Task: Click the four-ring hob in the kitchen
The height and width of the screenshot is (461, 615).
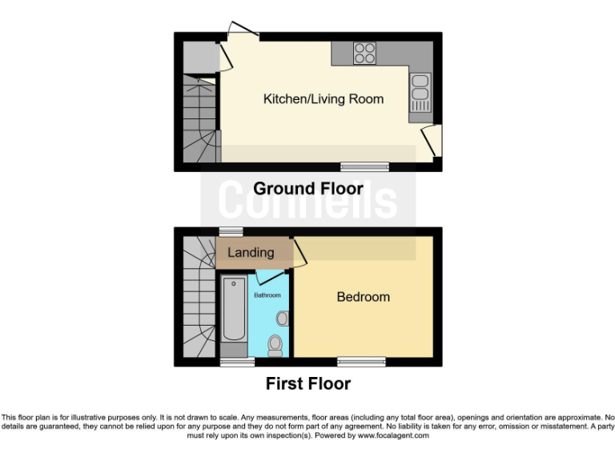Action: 364,53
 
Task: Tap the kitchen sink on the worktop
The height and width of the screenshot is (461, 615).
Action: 420,91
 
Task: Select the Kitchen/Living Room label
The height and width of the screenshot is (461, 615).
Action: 324,99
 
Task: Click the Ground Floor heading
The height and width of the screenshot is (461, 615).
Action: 307,189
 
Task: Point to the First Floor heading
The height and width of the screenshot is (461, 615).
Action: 307,384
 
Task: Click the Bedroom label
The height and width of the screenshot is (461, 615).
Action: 363,297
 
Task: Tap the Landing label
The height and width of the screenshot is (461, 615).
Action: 251,252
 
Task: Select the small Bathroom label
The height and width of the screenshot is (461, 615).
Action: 267,295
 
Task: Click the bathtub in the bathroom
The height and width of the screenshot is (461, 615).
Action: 234,309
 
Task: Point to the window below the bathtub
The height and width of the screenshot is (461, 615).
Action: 232,363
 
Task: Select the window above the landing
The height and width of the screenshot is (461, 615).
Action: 231,232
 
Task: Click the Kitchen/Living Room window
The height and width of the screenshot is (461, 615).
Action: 364,167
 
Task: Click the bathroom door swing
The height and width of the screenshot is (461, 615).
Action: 271,278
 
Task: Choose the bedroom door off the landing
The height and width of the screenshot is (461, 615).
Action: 298,253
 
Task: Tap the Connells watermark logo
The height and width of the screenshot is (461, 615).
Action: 307,200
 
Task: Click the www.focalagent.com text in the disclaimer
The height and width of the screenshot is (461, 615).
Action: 397,436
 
